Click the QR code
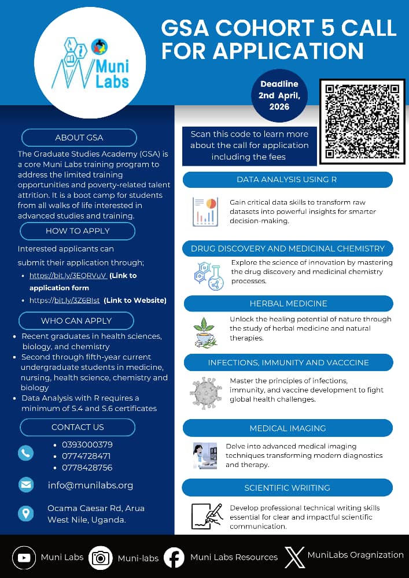coord(362,122)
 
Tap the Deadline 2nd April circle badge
coord(279,96)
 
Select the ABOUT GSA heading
coord(79,138)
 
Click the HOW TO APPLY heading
coord(78,231)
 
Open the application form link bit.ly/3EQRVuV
coord(68,276)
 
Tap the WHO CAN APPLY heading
coord(76,321)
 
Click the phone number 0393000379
coord(87,444)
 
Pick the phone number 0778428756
coord(87,468)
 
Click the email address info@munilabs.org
coord(90,486)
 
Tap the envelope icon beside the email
coord(26,484)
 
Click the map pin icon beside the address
coord(26,513)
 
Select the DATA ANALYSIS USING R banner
coord(287,180)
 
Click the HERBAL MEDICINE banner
coord(288,303)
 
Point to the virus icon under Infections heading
coord(205,393)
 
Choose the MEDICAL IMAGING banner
coord(288,428)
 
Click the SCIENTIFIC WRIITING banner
coord(288,488)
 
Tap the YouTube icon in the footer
coord(24,558)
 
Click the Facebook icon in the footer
coord(174,558)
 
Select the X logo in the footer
coord(295,557)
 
